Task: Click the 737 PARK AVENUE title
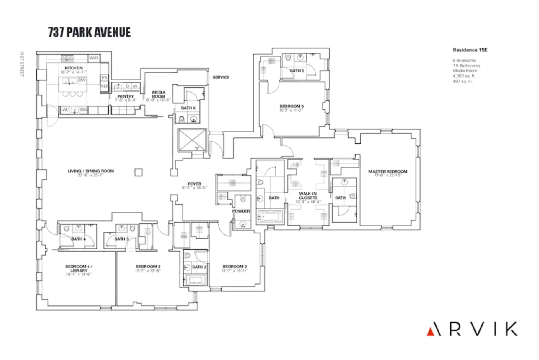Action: pyautogui.click(x=89, y=32)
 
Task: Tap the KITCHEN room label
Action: pyautogui.click(x=74, y=68)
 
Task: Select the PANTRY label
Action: pyautogui.click(x=126, y=96)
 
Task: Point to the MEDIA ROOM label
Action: pyautogui.click(x=158, y=94)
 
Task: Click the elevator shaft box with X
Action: pyautogui.click(x=192, y=140)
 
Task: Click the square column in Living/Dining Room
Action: pyautogui.click(x=139, y=172)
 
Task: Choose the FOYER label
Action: pyautogui.click(x=194, y=184)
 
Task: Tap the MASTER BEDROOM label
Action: pyautogui.click(x=387, y=171)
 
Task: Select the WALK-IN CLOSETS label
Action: pyautogui.click(x=308, y=196)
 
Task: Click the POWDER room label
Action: pyautogui.click(x=241, y=211)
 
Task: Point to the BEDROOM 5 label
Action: pyautogui.click(x=292, y=106)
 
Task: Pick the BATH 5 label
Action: pyautogui.click(x=297, y=71)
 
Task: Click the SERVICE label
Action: pyautogui.click(x=221, y=77)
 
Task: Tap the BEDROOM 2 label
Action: pyautogui.click(x=235, y=267)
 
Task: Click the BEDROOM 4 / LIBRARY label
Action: pyautogui.click(x=79, y=268)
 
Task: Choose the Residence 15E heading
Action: pyautogui.click(x=470, y=50)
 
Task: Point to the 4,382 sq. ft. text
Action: pyautogui.click(x=463, y=76)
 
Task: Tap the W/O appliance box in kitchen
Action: pyautogui.click(x=94, y=58)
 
